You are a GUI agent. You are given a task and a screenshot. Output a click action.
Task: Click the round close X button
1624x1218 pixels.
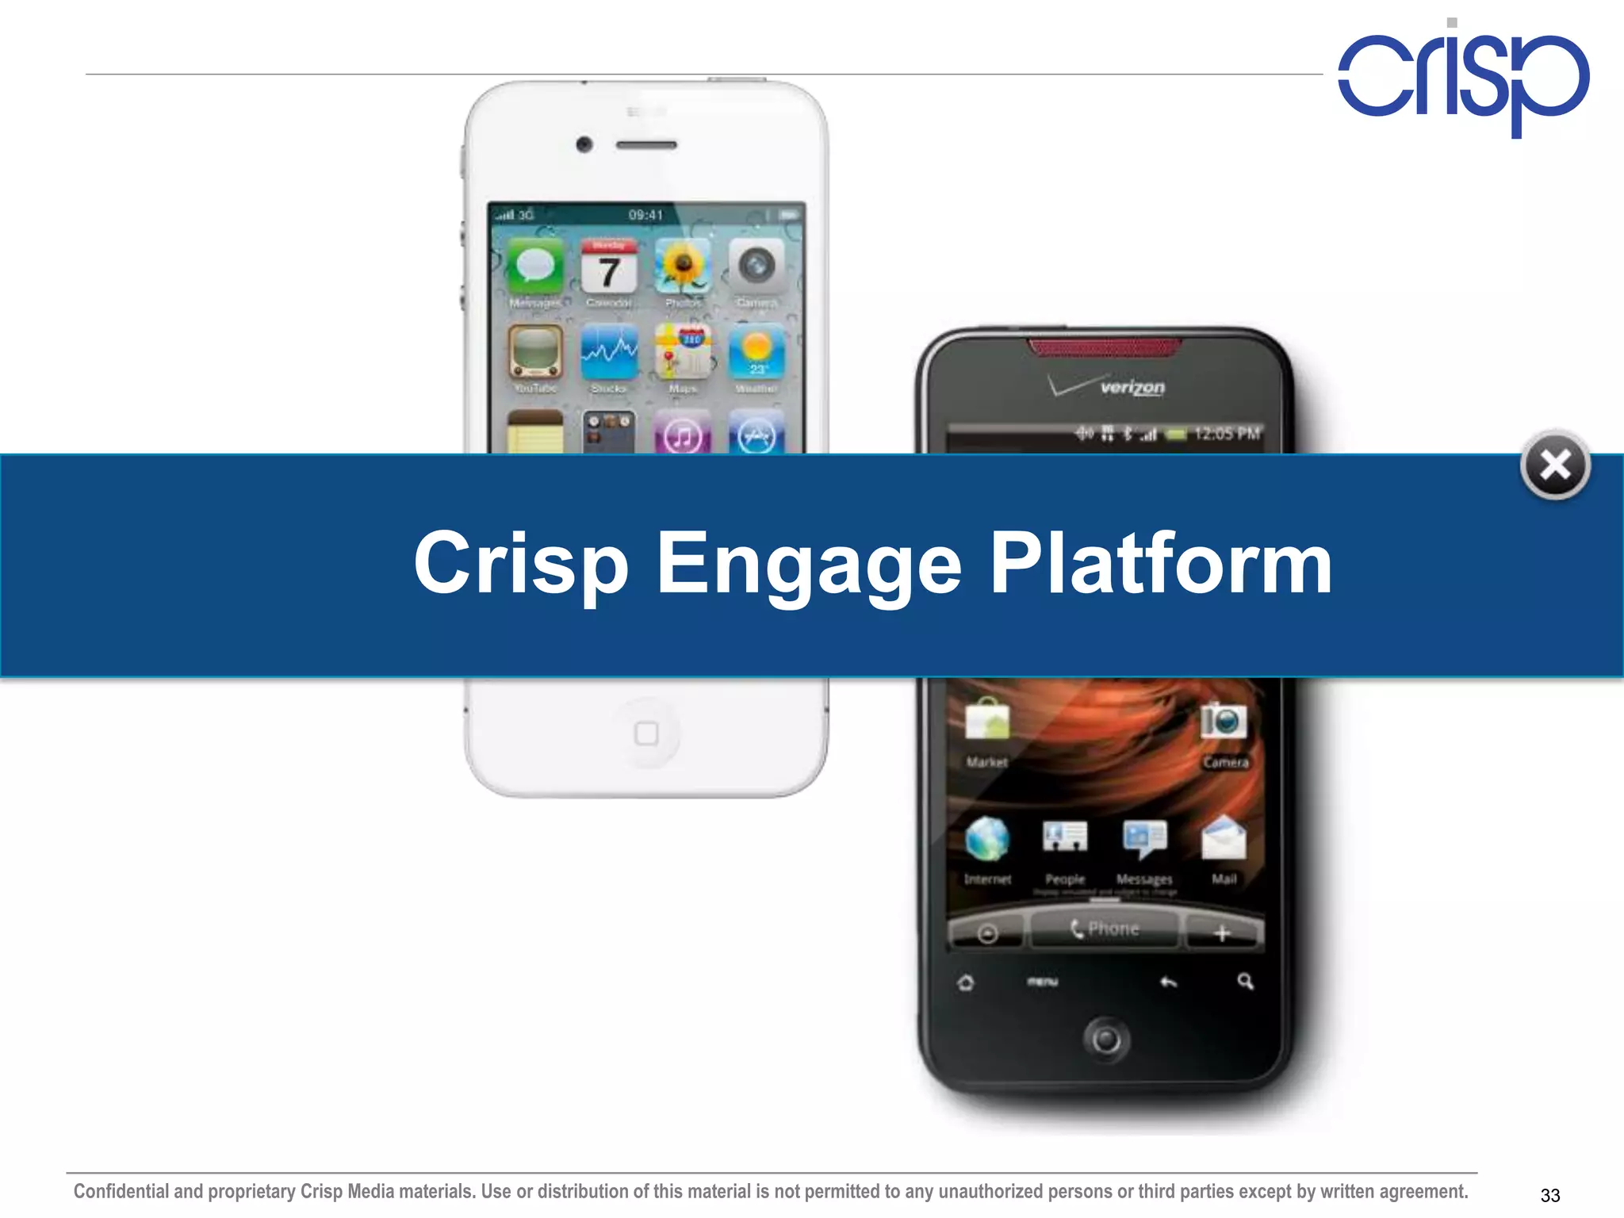[1555, 465]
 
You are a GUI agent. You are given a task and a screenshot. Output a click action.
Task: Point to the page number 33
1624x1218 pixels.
[1549, 1195]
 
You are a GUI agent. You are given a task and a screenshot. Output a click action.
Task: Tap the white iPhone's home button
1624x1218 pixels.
[646, 733]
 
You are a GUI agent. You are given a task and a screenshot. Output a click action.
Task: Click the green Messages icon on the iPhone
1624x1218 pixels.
[535, 266]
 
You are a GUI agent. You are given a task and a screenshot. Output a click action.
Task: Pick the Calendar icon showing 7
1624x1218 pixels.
[609, 266]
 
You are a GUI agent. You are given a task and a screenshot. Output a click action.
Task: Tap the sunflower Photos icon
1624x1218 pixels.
[683, 266]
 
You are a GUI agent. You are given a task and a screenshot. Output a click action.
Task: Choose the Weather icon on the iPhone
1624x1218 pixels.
[756, 353]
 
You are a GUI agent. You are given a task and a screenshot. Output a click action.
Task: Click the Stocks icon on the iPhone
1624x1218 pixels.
[609, 353]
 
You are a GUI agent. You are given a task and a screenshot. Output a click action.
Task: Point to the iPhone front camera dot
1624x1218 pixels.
[584, 144]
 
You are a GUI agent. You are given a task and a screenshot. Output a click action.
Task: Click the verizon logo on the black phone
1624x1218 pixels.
[1132, 388]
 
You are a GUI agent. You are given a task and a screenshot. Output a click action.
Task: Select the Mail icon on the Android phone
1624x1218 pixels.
[1224, 839]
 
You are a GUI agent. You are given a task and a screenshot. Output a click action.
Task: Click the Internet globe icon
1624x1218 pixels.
[987, 839]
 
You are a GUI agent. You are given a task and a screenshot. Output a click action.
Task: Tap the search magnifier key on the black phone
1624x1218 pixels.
[1245, 982]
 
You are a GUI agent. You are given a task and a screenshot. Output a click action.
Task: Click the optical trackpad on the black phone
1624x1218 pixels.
[1105, 1039]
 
